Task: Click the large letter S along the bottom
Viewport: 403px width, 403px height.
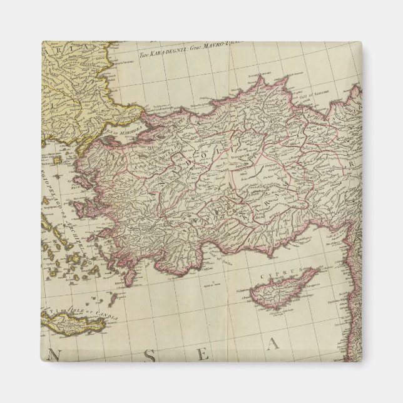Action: click(150, 355)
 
